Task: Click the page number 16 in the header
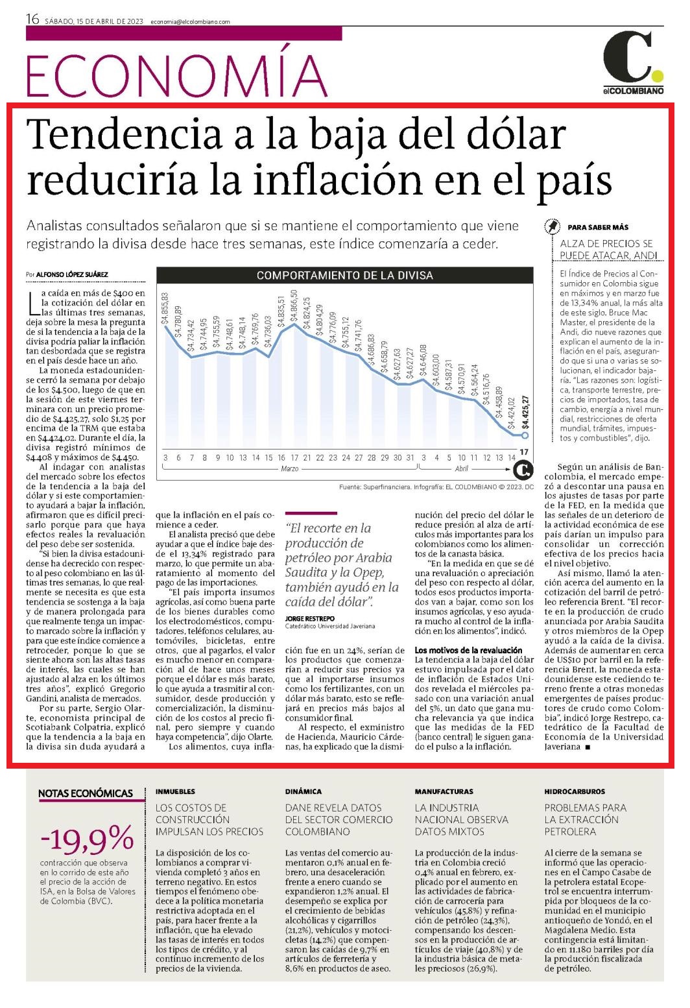[32, 19]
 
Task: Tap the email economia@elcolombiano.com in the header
[190, 21]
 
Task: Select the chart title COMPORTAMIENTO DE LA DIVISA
[344, 276]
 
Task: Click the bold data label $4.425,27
[525, 412]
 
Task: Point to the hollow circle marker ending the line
[525, 435]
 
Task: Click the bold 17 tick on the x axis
[524, 451]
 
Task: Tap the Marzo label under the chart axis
[290, 468]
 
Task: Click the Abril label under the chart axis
[462, 468]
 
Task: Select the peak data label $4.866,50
[294, 306]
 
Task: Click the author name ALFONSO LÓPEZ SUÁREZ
[72, 274]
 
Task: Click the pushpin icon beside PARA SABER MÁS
[553, 226]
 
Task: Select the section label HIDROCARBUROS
[575, 791]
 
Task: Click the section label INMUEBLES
[176, 791]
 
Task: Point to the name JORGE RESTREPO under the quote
[310, 618]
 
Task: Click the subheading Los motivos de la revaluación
[468, 650]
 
